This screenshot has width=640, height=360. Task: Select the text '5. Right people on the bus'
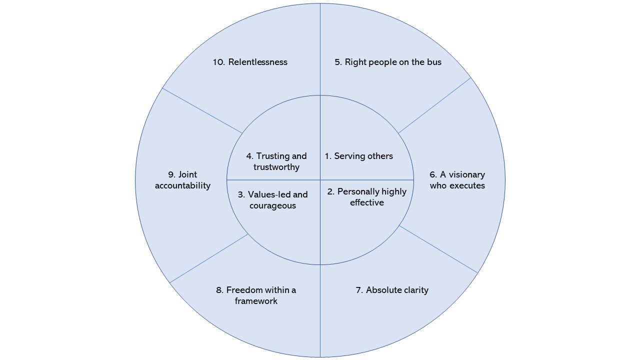pos(388,62)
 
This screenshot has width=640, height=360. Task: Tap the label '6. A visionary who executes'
pos(457,180)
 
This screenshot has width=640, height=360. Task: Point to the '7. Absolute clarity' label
pos(392,290)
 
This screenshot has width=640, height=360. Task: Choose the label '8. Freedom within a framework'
pos(256,295)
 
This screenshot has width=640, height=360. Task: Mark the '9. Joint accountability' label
pos(182,180)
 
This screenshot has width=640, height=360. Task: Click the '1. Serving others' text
pos(359,156)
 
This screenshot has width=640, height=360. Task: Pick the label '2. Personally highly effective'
pos(367,197)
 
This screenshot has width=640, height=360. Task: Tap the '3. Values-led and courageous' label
pos(272,200)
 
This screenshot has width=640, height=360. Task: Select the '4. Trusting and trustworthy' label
pos(276,161)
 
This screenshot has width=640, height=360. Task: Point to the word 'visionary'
pos(467,174)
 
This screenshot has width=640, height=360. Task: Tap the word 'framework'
pos(256,301)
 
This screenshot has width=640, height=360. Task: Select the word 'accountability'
pos(182,185)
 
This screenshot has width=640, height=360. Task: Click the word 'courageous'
pos(272,205)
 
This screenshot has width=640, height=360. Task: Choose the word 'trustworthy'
pos(276,167)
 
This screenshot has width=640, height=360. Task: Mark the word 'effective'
pos(367,202)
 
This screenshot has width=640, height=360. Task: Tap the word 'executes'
pos(467,185)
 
